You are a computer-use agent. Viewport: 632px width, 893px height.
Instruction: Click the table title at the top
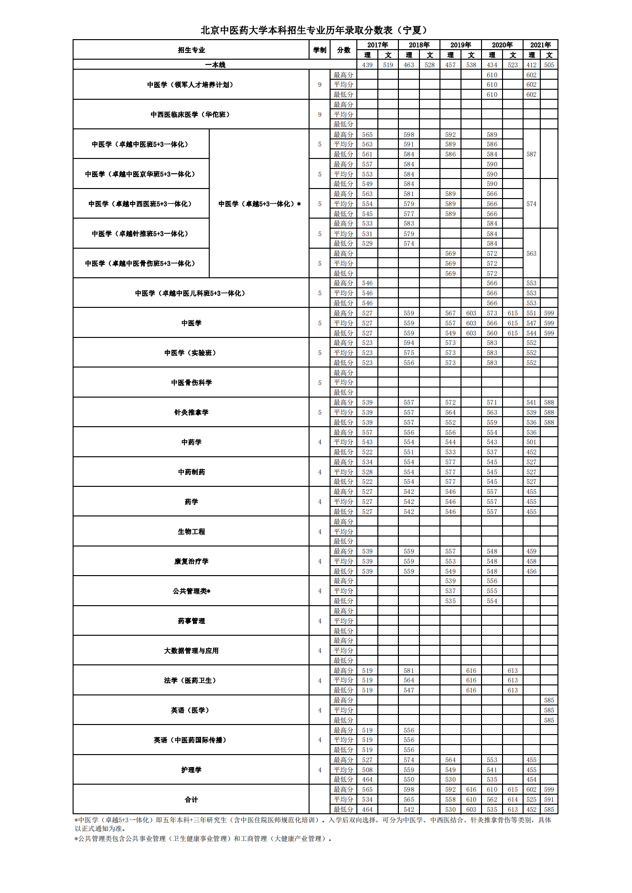point(315,30)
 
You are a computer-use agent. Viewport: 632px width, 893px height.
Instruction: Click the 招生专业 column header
point(191,50)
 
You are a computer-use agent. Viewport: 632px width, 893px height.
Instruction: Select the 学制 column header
point(320,50)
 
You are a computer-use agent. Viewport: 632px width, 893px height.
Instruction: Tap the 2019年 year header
point(461,45)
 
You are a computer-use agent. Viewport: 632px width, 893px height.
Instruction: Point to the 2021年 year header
point(540,45)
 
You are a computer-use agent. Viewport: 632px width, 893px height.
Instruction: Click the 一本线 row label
point(215,65)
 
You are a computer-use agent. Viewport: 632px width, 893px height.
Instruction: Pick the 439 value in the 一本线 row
point(367,65)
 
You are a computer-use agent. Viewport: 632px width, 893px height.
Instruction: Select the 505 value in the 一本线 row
point(549,65)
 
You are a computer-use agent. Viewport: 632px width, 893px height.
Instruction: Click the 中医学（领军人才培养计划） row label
point(191,85)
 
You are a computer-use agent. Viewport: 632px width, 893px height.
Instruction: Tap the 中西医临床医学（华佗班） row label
point(191,115)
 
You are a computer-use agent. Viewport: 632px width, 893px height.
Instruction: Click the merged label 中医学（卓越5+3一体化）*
point(259,204)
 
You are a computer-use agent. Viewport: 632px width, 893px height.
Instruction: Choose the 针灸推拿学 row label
point(191,412)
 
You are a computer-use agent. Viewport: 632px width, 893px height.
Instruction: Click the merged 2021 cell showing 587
point(531,154)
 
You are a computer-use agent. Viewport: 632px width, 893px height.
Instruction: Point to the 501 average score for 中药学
point(531,442)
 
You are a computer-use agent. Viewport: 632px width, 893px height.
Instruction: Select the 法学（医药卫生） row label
point(191,681)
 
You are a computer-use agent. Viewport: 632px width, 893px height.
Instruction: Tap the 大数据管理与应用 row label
point(191,651)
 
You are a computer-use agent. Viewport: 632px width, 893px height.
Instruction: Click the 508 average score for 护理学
point(367,770)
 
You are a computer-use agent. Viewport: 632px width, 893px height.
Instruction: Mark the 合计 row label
point(191,799)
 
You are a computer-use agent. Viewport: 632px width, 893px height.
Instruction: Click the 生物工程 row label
point(191,532)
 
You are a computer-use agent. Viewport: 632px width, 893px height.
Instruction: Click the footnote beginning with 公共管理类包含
point(203,839)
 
